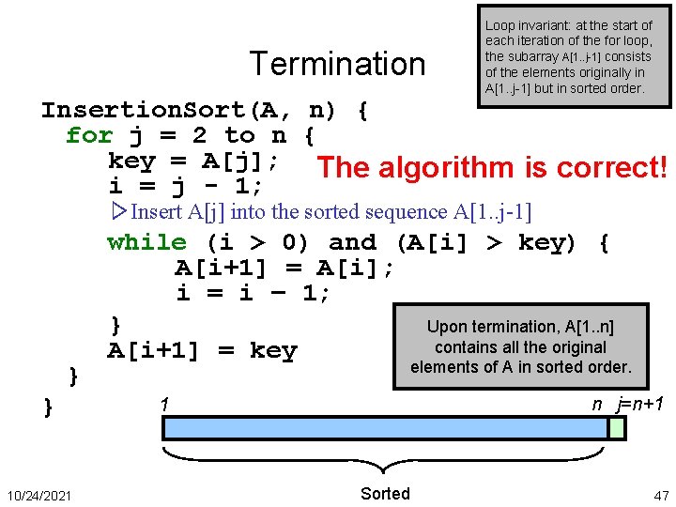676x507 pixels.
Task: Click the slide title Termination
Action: click(x=337, y=64)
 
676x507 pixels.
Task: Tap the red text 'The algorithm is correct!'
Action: click(x=493, y=168)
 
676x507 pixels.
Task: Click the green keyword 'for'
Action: click(x=88, y=135)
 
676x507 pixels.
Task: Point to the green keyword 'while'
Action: click(x=146, y=242)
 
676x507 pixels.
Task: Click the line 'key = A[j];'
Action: click(x=192, y=160)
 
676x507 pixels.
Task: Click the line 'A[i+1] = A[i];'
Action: click(x=284, y=269)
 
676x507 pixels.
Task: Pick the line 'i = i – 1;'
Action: click(x=253, y=294)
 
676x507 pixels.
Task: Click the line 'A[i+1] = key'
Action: click(x=202, y=351)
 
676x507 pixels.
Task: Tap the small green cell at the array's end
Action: click(x=617, y=428)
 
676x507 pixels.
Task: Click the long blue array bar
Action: click(x=385, y=428)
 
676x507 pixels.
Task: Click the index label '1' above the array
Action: click(x=164, y=405)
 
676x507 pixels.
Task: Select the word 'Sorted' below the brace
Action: click(x=385, y=494)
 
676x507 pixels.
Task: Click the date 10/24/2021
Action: click(x=39, y=495)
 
